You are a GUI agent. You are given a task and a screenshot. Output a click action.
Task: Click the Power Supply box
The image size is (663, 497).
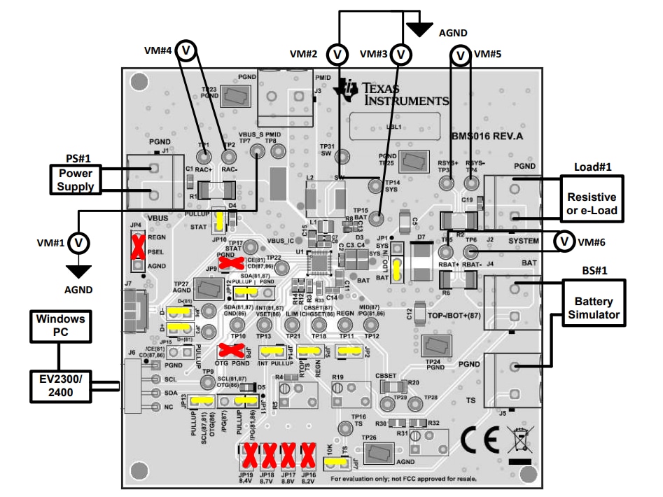coord(75,179)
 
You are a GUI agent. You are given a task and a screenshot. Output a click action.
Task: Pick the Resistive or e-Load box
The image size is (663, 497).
coord(592,204)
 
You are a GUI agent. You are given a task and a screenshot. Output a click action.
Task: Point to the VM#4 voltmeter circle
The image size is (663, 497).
coord(186,50)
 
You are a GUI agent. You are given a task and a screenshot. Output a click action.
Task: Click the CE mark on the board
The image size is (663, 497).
coord(480,440)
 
